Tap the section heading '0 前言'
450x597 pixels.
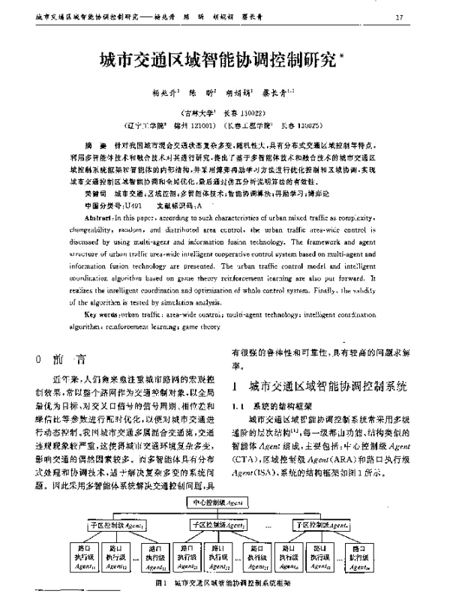point(65,358)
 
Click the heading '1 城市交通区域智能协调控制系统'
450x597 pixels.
point(319,387)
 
